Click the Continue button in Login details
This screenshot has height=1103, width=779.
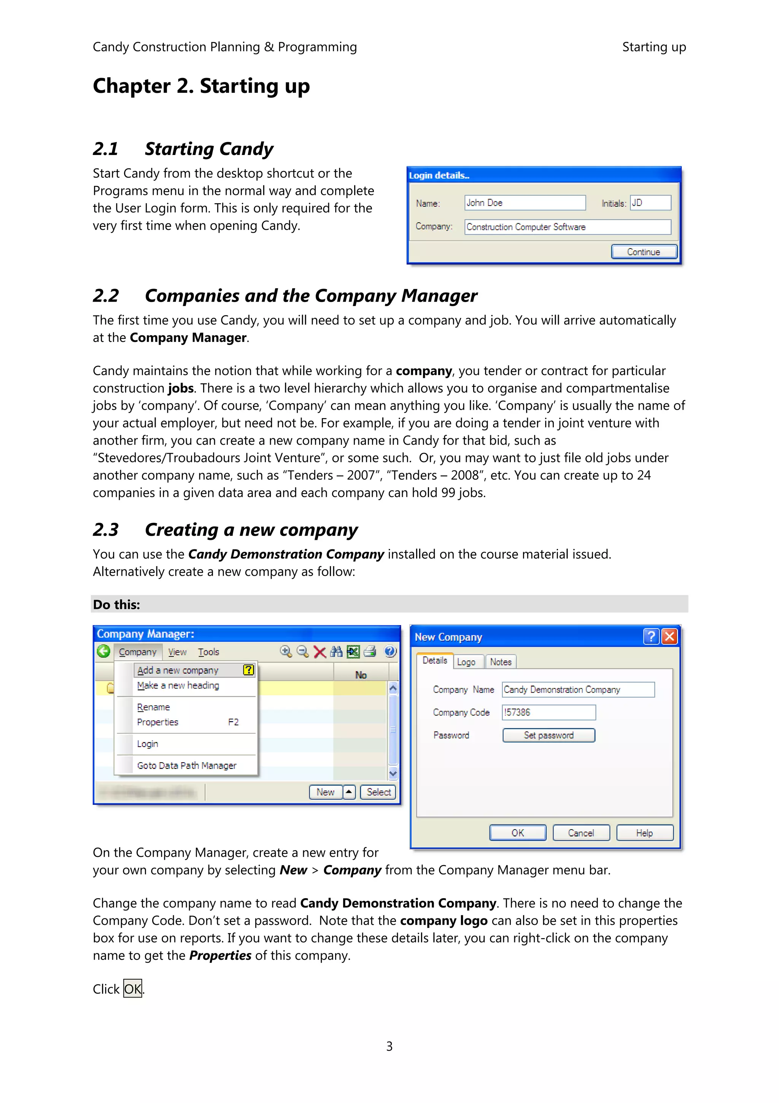click(x=644, y=252)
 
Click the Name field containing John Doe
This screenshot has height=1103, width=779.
click(x=525, y=203)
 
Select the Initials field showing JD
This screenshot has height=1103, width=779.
click(x=650, y=203)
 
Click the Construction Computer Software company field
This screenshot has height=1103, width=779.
click(x=568, y=227)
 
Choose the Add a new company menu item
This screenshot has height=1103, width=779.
click(x=178, y=670)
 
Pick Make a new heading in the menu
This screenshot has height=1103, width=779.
click(x=178, y=686)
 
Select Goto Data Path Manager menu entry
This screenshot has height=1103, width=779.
click(x=187, y=765)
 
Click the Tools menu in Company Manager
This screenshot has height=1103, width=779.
click(x=209, y=652)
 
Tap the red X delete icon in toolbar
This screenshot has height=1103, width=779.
click(x=320, y=652)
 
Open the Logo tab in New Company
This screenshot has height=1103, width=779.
click(x=466, y=662)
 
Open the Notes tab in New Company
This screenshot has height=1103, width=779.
click(x=501, y=662)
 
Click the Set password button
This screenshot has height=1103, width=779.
click(x=548, y=736)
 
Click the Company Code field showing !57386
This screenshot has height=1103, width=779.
click(x=548, y=712)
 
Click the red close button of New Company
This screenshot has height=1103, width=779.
click(x=669, y=637)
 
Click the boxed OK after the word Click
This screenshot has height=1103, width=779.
click(x=132, y=989)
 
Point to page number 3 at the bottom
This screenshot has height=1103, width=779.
click(x=389, y=1046)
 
